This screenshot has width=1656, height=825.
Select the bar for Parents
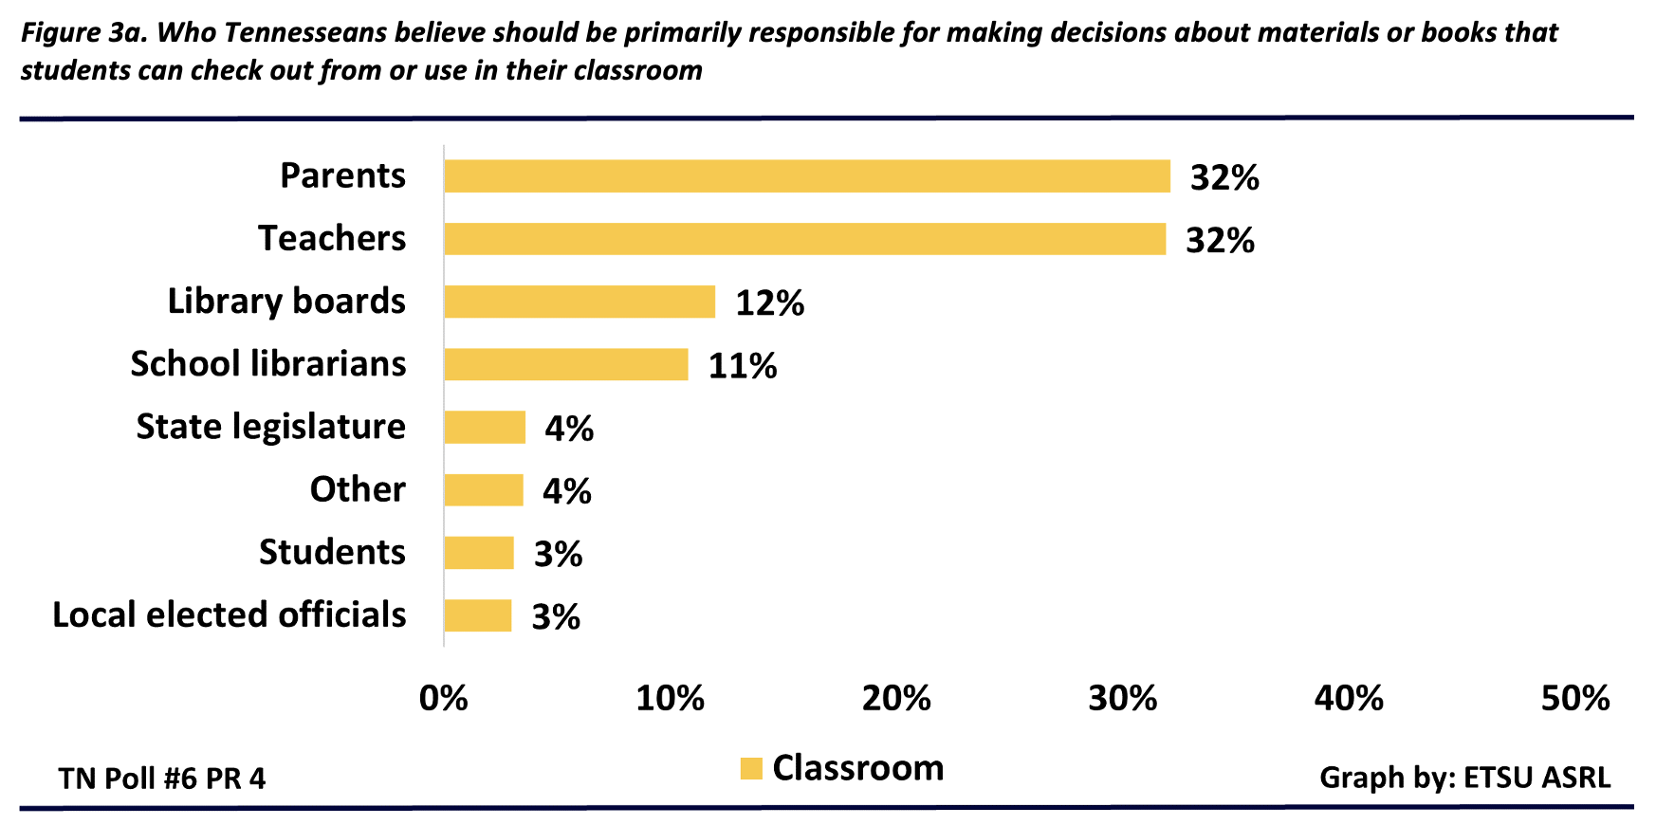tap(806, 176)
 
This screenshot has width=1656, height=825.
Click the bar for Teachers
tap(804, 239)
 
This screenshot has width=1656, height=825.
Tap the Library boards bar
tap(579, 302)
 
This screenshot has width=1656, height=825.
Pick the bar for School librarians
tap(565, 364)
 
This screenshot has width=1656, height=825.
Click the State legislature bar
tap(484, 427)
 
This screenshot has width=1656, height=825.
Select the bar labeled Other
tap(483, 490)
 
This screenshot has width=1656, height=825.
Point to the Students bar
tap(478, 553)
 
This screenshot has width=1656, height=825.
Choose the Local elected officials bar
tap(477, 615)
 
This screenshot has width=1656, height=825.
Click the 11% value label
tap(743, 366)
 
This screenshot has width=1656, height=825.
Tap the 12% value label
tap(770, 303)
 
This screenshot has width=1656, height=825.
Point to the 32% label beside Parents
tap(1224, 178)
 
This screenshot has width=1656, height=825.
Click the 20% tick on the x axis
tap(896, 699)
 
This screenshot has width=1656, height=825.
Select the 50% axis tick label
tap(1575, 699)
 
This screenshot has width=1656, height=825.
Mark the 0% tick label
tap(444, 699)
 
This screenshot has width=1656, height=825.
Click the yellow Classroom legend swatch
tap(751, 768)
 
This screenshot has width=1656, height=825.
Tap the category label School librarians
tap(268, 364)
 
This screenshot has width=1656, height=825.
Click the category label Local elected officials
tap(230, 615)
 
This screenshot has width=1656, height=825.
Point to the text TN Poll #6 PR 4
tap(162, 779)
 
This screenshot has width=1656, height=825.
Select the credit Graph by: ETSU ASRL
tap(1464, 778)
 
